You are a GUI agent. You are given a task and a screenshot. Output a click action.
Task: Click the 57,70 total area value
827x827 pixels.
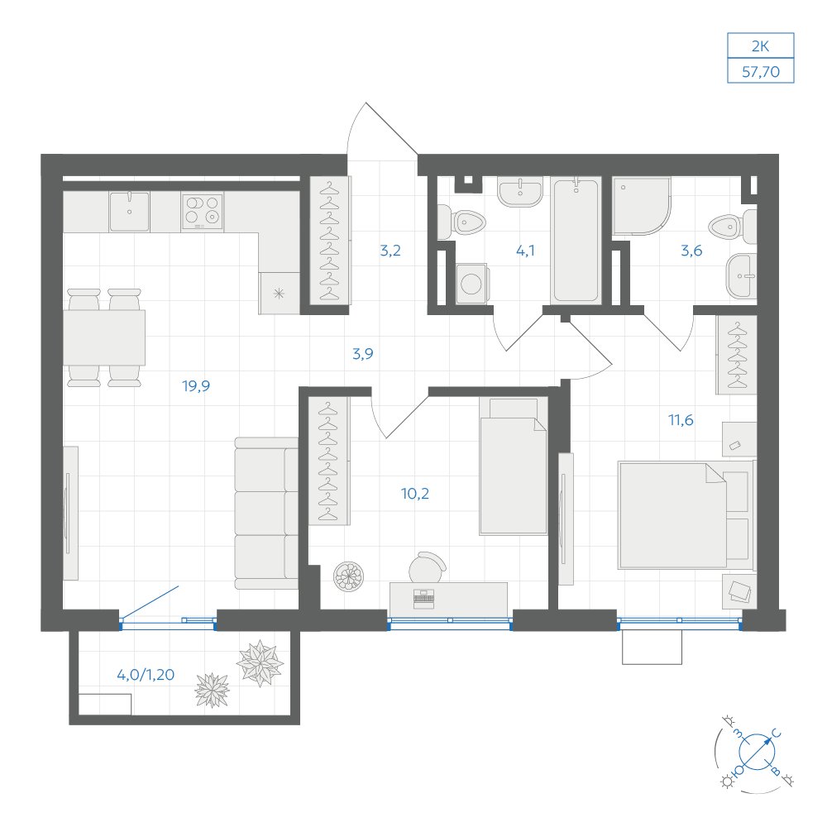tap(761, 71)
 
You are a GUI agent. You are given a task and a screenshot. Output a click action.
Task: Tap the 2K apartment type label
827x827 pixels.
tap(760, 46)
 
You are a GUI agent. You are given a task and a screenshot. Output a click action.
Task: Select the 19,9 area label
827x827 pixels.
tap(196, 386)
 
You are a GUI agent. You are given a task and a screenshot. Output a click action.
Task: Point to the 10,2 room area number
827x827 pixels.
tap(414, 494)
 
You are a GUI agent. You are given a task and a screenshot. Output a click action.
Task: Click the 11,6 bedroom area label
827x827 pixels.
tap(681, 420)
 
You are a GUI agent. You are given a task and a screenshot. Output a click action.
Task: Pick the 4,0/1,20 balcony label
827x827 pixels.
tap(146, 675)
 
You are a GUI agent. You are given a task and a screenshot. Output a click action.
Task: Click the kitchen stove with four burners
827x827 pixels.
tap(202, 212)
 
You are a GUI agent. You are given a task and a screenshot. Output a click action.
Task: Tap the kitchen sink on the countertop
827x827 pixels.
tap(129, 212)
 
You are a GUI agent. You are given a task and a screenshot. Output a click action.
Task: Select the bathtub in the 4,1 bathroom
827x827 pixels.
tap(576, 241)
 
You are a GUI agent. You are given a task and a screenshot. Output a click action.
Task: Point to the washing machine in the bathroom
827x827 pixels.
tap(471, 284)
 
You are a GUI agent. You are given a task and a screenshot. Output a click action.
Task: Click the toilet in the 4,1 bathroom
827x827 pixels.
tap(461, 222)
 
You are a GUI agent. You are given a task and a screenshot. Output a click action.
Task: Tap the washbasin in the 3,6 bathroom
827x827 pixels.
tap(742, 276)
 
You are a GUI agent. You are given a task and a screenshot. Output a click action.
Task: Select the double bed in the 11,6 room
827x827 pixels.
tap(686, 515)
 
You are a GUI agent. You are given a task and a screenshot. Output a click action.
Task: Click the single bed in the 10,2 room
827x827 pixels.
tap(514, 466)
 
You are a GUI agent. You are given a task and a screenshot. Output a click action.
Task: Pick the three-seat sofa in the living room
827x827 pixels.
tap(266, 514)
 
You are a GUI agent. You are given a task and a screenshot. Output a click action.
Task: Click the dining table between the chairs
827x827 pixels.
tap(104, 337)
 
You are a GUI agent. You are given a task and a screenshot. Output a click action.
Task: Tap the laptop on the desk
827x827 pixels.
tap(424, 599)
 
